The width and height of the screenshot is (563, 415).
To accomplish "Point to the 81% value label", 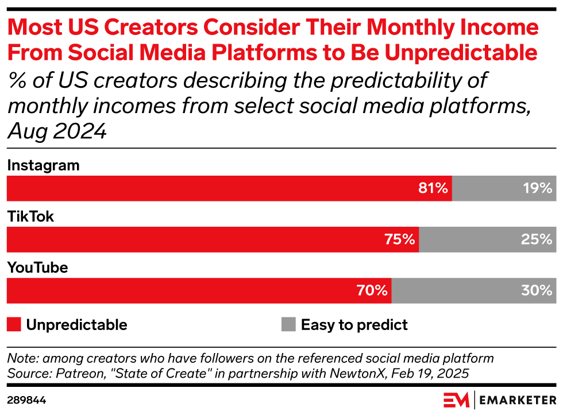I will (434, 188).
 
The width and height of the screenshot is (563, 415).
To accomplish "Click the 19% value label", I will (538, 188).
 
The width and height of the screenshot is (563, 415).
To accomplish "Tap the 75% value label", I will (400, 239).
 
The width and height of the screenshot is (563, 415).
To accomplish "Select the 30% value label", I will (537, 290).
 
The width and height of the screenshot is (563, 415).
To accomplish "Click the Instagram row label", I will (43, 166).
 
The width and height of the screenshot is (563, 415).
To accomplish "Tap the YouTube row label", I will (37, 268).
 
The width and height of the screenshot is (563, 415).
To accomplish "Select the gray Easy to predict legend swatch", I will (288, 324).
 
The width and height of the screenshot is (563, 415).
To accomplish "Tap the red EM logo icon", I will (456, 399).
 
